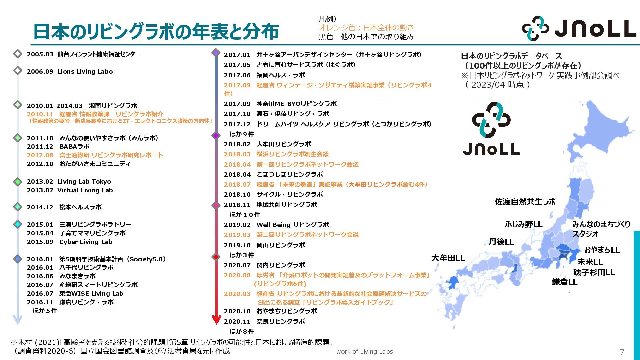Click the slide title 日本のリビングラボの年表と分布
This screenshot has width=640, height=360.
(x=156, y=32)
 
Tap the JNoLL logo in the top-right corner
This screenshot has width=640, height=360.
(x=579, y=29)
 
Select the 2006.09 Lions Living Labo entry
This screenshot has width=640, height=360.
(x=70, y=72)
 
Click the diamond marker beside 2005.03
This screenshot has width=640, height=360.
(x=18, y=54)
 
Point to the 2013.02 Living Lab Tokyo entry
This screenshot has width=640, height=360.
(x=69, y=182)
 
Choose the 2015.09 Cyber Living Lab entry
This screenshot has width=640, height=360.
(x=69, y=242)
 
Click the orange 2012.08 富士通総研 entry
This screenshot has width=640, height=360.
(x=95, y=155)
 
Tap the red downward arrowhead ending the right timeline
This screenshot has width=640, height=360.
(x=216, y=320)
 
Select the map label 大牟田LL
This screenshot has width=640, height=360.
(x=448, y=258)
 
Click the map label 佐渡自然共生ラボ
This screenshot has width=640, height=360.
(x=525, y=202)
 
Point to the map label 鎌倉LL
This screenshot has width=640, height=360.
(x=565, y=282)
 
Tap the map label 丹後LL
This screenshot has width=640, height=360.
(x=501, y=242)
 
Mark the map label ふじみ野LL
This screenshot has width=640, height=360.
(x=524, y=224)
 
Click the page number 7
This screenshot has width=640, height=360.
(x=622, y=352)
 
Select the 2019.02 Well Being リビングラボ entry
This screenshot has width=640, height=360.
(x=276, y=225)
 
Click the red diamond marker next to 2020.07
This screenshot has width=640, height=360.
(x=216, y=257)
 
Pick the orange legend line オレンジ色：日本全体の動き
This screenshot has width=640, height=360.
(x=366, y=27)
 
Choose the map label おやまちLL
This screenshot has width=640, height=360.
(x=602, y=250)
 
